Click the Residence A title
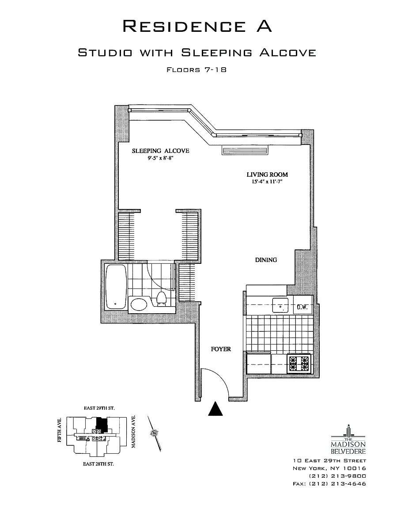196,26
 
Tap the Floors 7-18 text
196,69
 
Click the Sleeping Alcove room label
161,151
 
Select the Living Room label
264,175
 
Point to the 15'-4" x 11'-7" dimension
264,181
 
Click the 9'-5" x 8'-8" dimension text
160,158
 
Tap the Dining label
266,260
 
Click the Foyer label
221,349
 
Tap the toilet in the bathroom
162,299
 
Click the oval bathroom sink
140,304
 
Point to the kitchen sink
280,305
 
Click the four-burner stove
299,364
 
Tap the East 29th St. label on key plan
99,408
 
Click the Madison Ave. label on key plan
133,432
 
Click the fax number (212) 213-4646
329,483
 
